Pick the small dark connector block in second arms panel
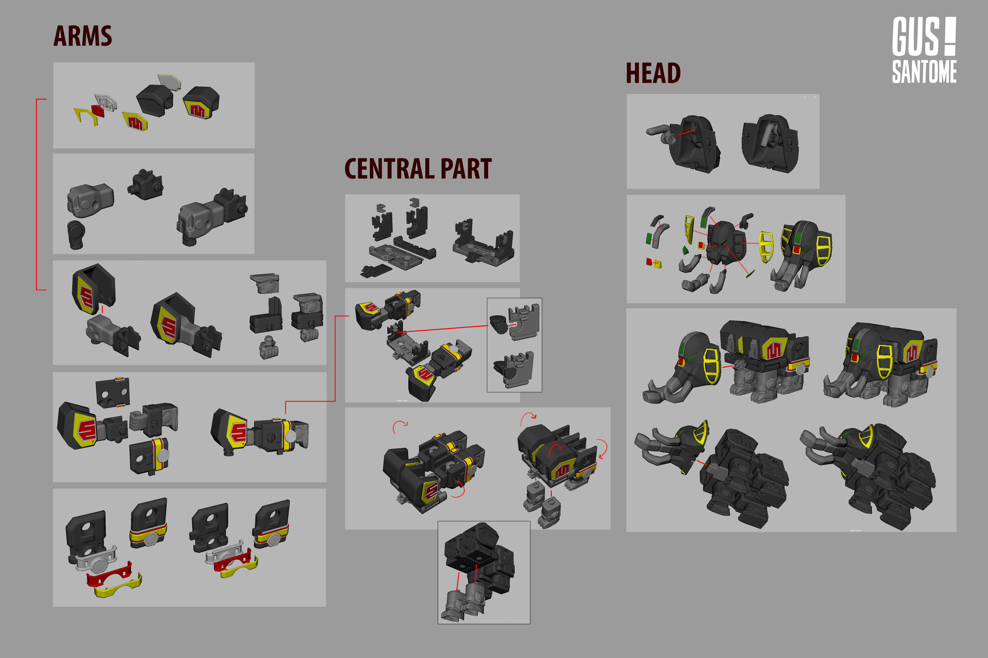pos(146,185)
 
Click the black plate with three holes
pos(112,392)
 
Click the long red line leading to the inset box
pos(445,329)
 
